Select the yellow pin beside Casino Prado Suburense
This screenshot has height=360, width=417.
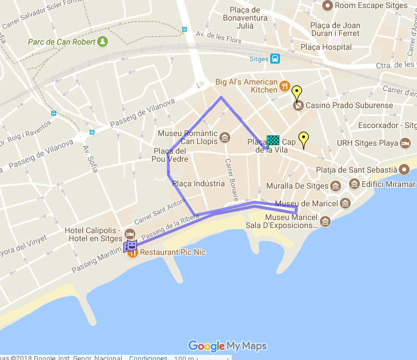click(296, 92)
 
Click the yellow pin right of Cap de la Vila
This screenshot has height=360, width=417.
click(304, 138)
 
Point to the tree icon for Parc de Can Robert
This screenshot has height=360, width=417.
click(102, 41)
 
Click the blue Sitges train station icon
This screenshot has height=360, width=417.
click(275, 58)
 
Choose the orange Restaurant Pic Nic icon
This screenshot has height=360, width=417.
click(133, 253)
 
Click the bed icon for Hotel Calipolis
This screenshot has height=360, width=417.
click(130, 234)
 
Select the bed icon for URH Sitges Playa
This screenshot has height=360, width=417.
click(405, 142)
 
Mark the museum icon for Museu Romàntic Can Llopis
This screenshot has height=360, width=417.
click(225, 137)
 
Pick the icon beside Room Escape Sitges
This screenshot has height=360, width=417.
click(327, 6)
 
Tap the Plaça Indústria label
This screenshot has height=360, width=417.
click(198, 184)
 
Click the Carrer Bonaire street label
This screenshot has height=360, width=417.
click(231, 180)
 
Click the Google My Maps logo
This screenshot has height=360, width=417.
click(227, 346)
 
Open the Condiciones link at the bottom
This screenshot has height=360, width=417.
click(148, 358)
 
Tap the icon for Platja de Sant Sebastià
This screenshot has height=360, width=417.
click(404, 170)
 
